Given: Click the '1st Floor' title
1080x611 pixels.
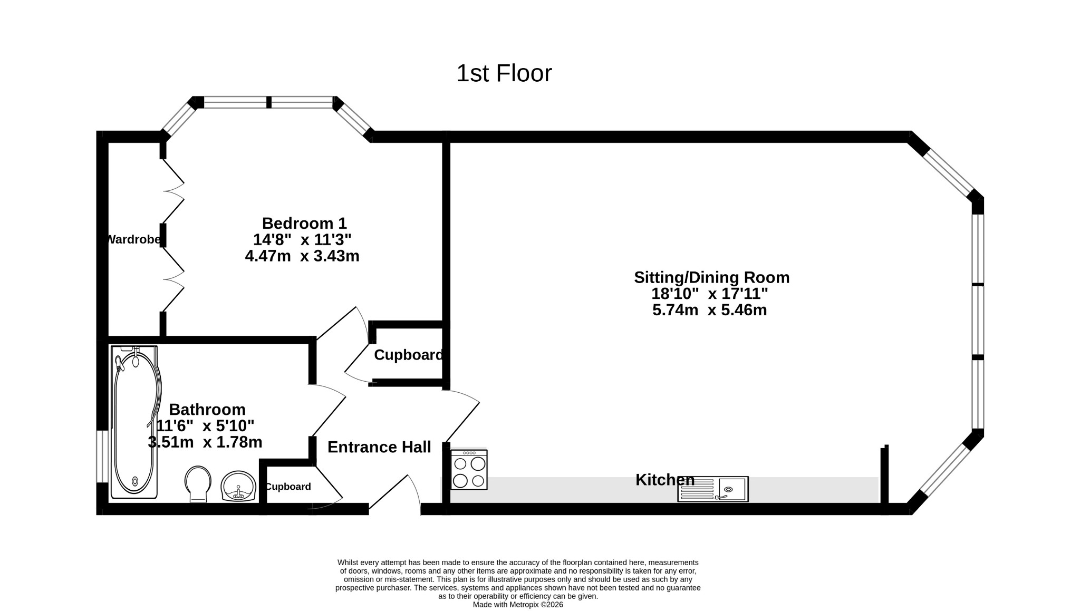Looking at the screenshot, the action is click(x=504, y=73).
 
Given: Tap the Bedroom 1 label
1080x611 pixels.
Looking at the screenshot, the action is click(x=304, y=223).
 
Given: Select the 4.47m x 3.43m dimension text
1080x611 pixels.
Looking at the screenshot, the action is click(x=302, y=256).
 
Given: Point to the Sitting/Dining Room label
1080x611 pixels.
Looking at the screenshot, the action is click(x=711, y=277).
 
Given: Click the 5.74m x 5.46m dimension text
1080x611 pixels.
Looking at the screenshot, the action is click(x=709, y=310).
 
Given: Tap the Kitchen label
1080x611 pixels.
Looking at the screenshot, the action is click(x=665, y=480).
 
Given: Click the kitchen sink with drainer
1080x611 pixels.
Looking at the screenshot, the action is click(x=713, y=489).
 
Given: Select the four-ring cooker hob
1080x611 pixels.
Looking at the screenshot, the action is click(x=469, y=470).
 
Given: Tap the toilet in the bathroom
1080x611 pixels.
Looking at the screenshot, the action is click(x=198, y=483).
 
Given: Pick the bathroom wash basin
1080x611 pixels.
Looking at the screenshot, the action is click(x=238, y=486).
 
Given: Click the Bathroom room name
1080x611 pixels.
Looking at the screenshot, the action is click(x=207, y=410).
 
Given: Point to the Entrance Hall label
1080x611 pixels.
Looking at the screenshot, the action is click(x=379, y=447).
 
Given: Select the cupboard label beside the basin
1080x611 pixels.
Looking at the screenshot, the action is click(x=288, y=487).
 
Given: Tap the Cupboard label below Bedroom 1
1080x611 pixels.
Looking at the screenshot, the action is click(x=409, y=355).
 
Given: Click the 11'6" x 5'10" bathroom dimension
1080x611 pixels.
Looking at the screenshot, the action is click(x=206, y=426).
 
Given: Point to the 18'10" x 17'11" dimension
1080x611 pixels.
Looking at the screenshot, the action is click(x=710, y=294).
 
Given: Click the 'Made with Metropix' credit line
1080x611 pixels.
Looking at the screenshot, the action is click(x=518, y=605).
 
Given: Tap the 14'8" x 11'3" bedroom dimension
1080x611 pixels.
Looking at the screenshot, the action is click(x=302, y=240).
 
